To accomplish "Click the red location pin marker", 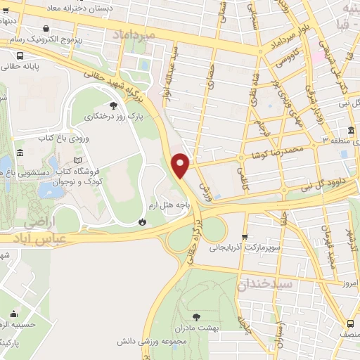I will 181,165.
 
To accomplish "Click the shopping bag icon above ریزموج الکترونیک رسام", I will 46,29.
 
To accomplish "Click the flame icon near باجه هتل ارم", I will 142,221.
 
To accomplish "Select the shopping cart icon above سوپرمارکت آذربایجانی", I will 244,236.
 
